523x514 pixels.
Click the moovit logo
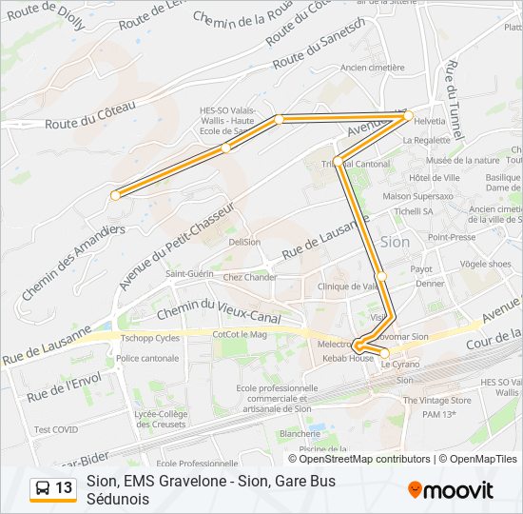point(451,490)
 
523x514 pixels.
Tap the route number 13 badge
point(53,488)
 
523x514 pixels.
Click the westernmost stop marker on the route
point(115,195)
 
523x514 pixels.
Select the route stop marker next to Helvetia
point(411,116)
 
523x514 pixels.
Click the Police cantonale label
point(146,358)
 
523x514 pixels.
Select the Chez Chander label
point(250,278)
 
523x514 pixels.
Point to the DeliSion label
point(244,242)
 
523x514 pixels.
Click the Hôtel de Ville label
point(434,177)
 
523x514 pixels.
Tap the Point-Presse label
point(452,237)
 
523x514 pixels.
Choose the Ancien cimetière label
point(372,68)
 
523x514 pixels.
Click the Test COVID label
point(56,429)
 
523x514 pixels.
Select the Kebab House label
point(347,358)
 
